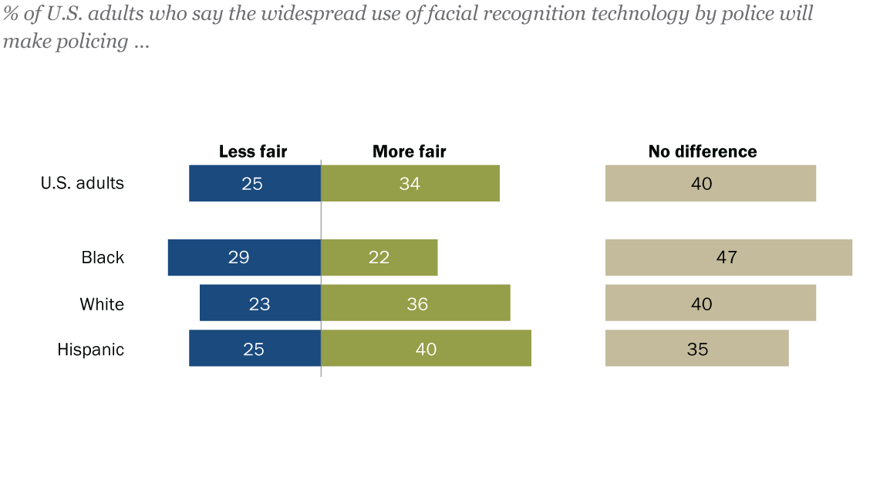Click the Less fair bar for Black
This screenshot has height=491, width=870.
244,257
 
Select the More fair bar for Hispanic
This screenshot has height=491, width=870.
426,348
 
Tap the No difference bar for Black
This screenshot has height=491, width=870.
728,257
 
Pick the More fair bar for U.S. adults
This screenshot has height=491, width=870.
410,183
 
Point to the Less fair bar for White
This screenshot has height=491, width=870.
260,303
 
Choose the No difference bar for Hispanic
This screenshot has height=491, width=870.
696,348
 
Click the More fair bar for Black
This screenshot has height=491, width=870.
379,257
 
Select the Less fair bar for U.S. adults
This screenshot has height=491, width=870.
255,183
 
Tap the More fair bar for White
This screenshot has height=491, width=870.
415,303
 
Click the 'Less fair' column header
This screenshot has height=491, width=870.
253,151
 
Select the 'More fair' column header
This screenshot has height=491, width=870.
409,151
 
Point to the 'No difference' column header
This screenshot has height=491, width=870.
703,151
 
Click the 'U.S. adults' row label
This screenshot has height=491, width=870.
82,183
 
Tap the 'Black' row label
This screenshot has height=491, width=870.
103,257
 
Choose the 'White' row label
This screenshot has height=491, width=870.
102,303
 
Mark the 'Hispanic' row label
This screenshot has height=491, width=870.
90,349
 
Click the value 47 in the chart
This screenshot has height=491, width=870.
727,257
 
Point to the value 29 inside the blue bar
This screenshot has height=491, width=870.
238,257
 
